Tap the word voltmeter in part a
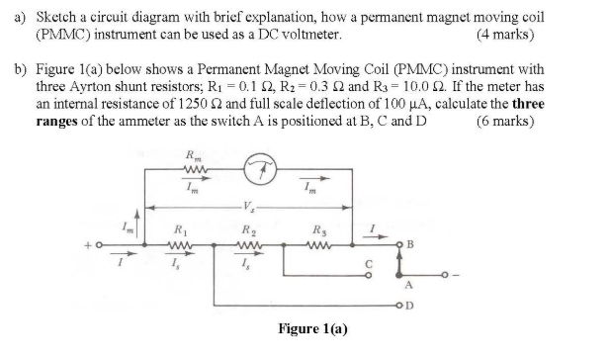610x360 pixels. pyautogui.click(x=311, y=35)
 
